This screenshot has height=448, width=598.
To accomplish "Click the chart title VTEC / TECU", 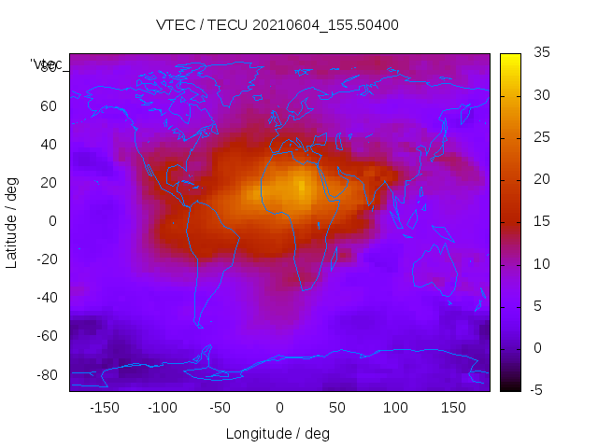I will (278, 25).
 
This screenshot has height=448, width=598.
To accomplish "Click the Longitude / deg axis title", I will (278, 433).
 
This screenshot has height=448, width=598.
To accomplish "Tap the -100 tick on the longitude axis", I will (162, 407).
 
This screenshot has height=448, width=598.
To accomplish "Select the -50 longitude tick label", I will (221, 407).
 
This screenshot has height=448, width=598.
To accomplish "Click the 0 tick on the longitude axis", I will (278, 407).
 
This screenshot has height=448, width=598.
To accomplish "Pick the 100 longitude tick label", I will (395, 407).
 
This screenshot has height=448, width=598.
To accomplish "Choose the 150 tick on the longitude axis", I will (453, 407).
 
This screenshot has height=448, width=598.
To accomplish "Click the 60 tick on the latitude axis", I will (49, 105).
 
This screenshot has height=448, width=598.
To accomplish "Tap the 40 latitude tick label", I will (49, 144).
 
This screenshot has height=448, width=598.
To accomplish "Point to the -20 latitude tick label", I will (46, 259).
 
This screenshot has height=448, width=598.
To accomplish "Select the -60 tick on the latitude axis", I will (46, 335).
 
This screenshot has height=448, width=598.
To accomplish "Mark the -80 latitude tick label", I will (46, 374).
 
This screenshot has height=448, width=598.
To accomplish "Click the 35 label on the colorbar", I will (541, 53).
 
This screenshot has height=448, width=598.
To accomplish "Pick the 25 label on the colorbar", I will (541, 137).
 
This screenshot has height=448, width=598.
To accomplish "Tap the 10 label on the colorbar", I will (541, 264).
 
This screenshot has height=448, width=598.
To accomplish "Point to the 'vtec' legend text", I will (47, 64).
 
